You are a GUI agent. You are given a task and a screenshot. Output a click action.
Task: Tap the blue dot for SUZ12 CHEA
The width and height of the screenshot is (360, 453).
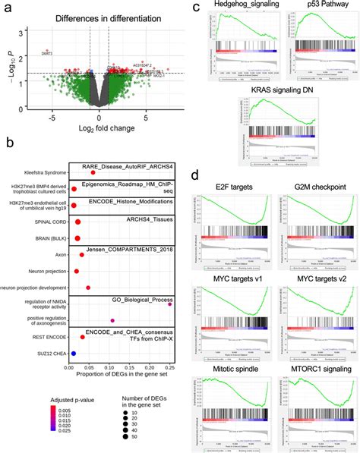point(74,353)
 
